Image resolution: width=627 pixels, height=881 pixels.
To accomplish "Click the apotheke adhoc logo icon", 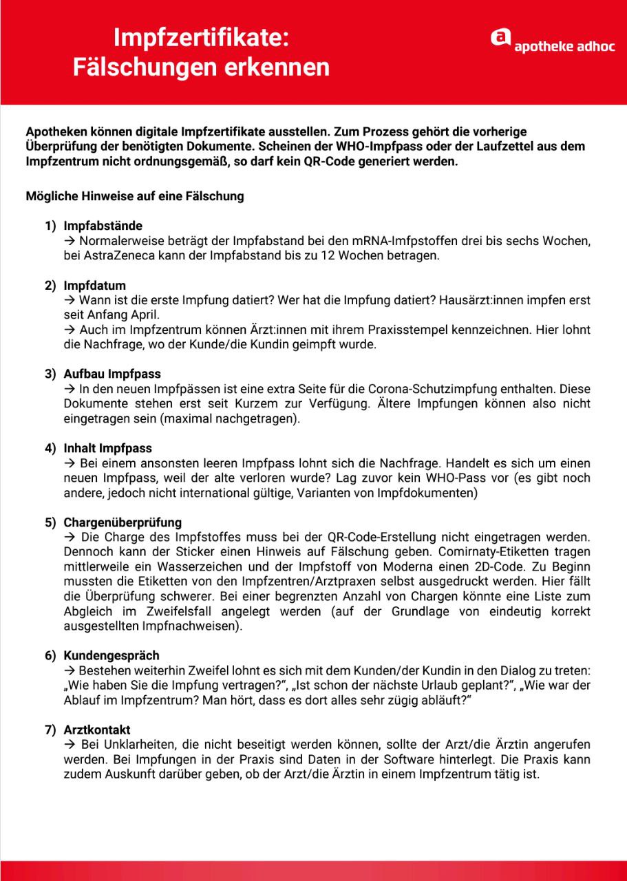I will click(x=500, y=39).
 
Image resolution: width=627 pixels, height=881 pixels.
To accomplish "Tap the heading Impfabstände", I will click(x=103, y=226).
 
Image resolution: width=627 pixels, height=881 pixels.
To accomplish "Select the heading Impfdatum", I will click(x=95, y=285).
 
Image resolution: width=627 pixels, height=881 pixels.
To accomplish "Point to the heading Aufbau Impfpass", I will click(x=112, y=374).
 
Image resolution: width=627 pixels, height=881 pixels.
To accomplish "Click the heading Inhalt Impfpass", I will click(x=108, y=448).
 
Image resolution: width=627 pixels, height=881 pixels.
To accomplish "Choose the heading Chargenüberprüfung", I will click(x=123, y=522).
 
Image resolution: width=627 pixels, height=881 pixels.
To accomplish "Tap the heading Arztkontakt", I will click(x=97, y=729).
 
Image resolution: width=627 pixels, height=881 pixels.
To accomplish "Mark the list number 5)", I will click(x=50, y=522).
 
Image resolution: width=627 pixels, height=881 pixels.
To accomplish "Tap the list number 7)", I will click(x=50, y=729).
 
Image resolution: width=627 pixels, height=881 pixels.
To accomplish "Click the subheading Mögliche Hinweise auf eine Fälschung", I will click(x=135, y=196).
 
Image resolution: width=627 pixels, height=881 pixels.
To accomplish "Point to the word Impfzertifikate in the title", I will click(x=201, y=38).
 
